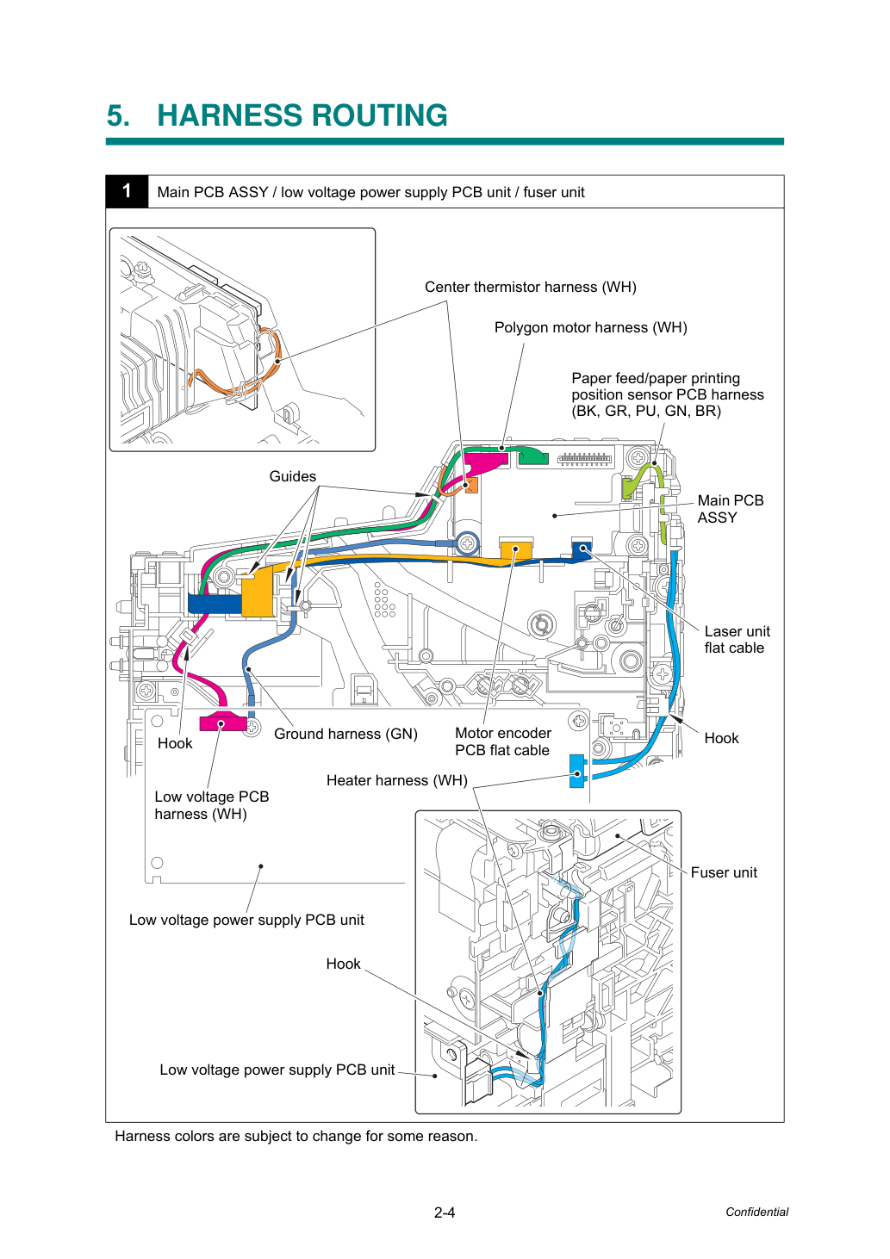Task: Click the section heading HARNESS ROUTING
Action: pyautogui.click(x=302, y=115)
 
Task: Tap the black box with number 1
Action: pyautogui.click(x=127, y=192)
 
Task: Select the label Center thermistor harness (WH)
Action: pyautogui.click(x=530, y=288)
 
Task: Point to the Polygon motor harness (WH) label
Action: pyautogui.click(x=590, y=328)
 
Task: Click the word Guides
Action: pyautogui.click(x=292, y=476)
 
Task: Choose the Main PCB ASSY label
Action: pyautogui.click(x=731, y=509)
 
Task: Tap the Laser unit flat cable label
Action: pyautogui.click(x=737, y=640)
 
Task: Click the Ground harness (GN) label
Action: pyautogui.click(x=345, y=734)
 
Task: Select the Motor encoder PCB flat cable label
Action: pyautogui.click(x=502, y=741)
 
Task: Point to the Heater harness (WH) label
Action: pyautogui.click(x=397, y=781)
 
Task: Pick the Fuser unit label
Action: pyautogui.click(x=724, y=872)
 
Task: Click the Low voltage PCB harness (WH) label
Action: pyautogui.click(x=211, y=805)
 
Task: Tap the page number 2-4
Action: pyautogui.click(x=445, y=1212)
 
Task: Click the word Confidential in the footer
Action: pyautogui.click(x=756, y=1212)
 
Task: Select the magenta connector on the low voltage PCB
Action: pyautogui.click(x=222, y=723)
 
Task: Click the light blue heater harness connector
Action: pyautogui.click(x=577, y=771)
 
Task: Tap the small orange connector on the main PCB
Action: pyautogui.click(x=471, y=485)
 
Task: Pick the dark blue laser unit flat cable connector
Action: pyautogui.click(x=582, y=549)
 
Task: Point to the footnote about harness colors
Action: pyautogui.click(x=296, y=1136)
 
